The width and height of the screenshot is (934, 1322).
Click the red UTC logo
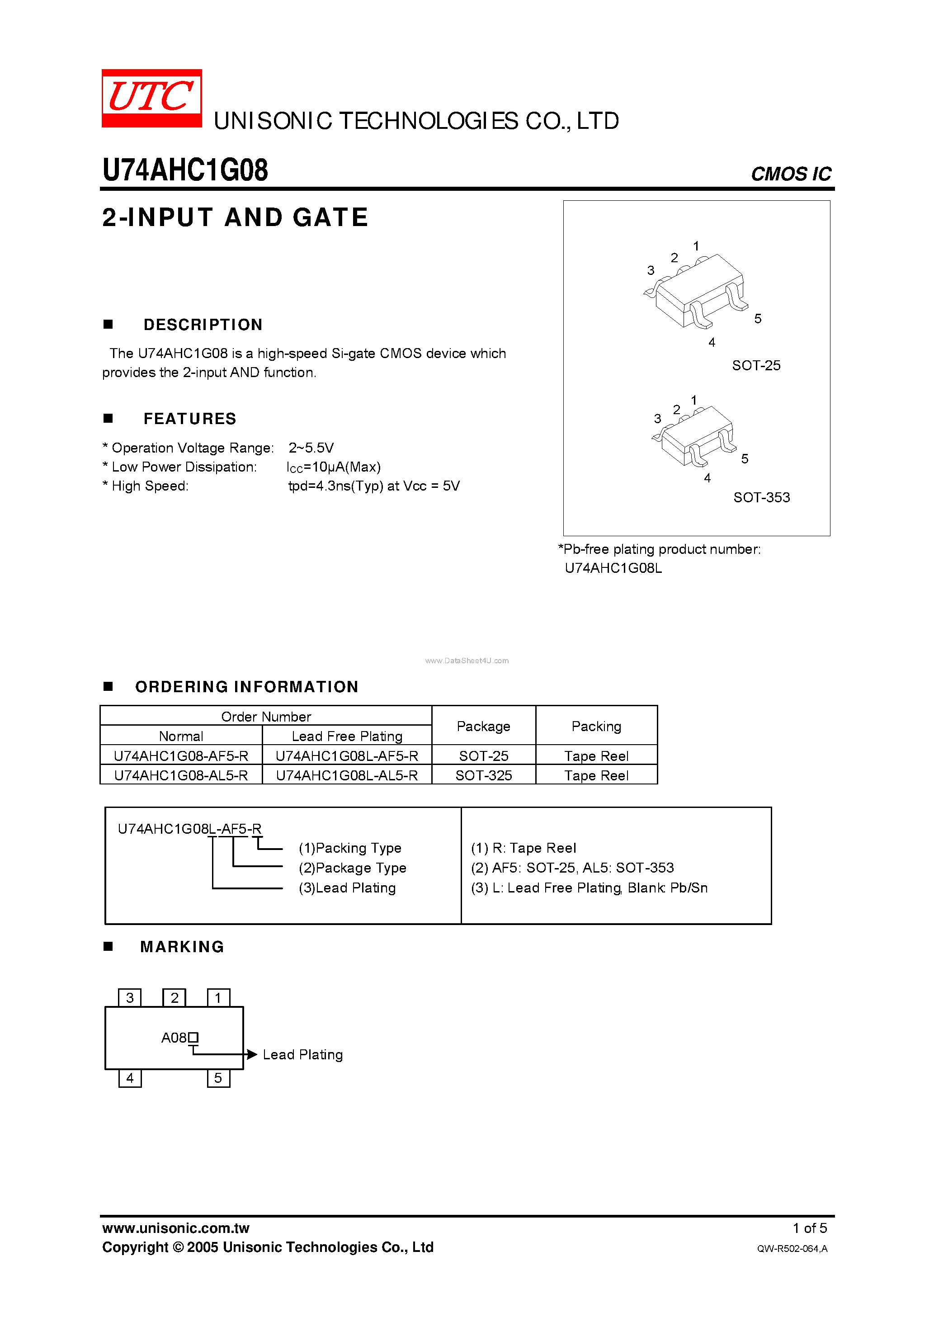point(151,98)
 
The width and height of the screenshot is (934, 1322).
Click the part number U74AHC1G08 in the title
point(185,170)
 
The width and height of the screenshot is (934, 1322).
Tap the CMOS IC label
point(790,174)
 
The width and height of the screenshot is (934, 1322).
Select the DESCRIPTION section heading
point(203,325)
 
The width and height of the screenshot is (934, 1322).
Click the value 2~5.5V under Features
point(311,448)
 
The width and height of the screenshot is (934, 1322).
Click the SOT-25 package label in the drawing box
point(755,366)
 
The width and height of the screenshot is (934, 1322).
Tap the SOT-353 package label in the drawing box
point(761,497)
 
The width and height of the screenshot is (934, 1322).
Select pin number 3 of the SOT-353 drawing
point(657,419)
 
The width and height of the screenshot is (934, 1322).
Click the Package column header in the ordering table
point(483,726)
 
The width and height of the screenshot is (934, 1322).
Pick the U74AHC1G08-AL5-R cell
point(181,775)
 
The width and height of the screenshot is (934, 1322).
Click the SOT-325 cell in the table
point(483,775)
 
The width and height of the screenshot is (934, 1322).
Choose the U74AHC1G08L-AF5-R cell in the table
point(347,756)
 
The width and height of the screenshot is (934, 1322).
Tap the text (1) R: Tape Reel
point(523,848)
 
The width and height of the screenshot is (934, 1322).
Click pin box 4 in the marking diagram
point(130,1078)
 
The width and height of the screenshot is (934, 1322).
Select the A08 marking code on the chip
point(175,1038)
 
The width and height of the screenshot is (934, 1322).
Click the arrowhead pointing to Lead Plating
point(252,1054)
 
